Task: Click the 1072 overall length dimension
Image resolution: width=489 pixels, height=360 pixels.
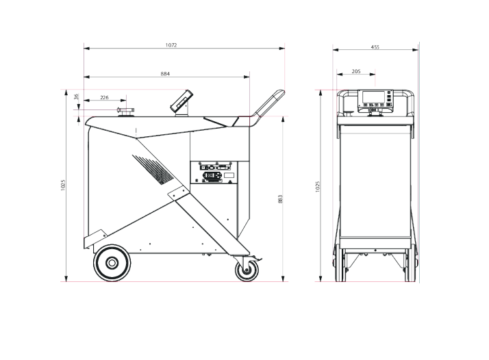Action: coord(171,45)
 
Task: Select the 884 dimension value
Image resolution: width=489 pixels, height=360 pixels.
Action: coord(165,74)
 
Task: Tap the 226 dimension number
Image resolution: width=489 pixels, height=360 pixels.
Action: coord(105,98)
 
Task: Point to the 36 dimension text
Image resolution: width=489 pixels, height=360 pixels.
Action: coord(77,97)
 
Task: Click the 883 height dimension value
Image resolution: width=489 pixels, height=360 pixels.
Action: coord(280,199)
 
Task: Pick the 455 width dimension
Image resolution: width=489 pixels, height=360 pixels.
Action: coord(375,47)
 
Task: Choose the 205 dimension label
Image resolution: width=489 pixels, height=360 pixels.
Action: coord(356,71)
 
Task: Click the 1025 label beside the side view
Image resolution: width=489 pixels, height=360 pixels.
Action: coord(63,185)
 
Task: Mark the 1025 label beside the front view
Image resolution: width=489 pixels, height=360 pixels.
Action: coord(318,187)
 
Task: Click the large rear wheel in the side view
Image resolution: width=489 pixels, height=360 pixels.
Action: coord(112,263)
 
